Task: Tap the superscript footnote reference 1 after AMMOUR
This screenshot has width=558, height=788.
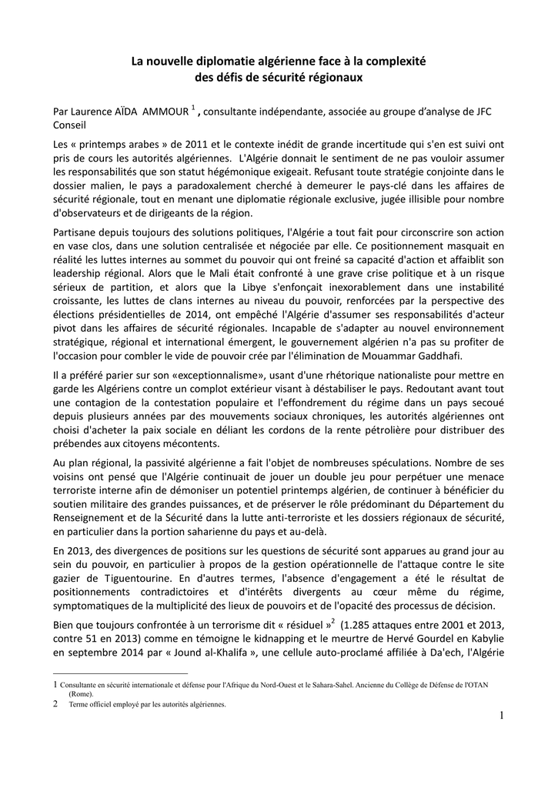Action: click(194, 107)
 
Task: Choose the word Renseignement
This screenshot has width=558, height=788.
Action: click(91, 516)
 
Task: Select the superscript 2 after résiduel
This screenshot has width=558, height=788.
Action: click(332, 619)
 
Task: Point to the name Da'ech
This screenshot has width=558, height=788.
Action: click(432, 653)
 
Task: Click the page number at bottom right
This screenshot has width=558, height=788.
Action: click(501, 717)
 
